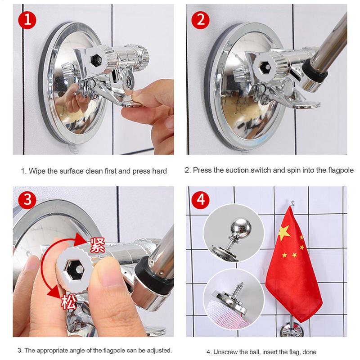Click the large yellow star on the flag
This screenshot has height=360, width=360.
point(284,232)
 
